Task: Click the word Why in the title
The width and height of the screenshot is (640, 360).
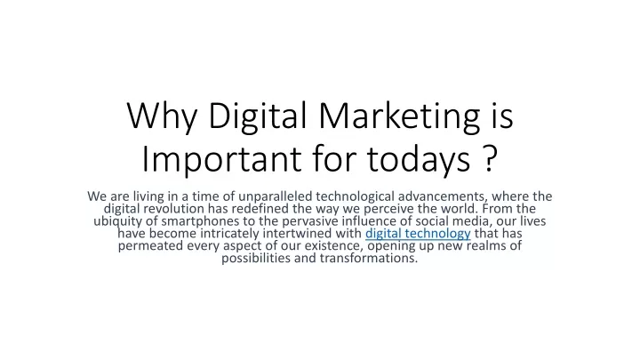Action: pos(162,117)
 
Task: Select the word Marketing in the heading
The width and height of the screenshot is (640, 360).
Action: pos(399,117)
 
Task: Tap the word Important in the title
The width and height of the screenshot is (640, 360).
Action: pos(221,159)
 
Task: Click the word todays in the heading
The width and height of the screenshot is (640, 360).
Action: pos(419,159)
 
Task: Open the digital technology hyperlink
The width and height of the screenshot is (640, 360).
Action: pos(418,234)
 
